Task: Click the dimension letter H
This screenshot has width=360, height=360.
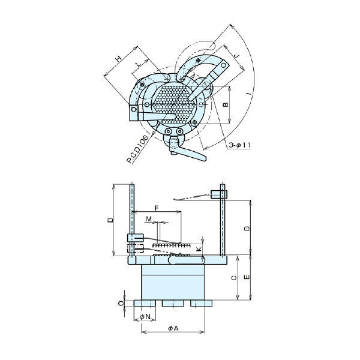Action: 119,58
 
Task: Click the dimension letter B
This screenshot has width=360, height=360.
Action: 225,104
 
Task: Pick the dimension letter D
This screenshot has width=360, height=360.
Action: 110,220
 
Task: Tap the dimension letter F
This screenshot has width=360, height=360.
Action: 157,208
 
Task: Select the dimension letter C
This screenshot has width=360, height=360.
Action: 233,277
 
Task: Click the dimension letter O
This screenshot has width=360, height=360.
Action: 120,304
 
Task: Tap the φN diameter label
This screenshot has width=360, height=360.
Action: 145,316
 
